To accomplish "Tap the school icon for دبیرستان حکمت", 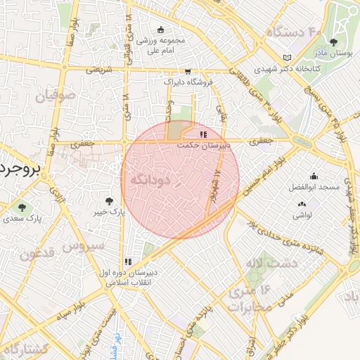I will [203, 134].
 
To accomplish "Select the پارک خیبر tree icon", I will [108, 201].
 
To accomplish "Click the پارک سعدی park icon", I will [22, 207].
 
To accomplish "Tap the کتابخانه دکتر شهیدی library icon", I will [285, 58].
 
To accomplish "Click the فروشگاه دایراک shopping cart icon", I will [188, 71].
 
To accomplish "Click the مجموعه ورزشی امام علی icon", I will [161, 30].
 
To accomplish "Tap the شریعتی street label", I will [98, 70].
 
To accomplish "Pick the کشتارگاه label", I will [25, 349].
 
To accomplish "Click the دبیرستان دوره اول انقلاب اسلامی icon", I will [127, 262].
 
